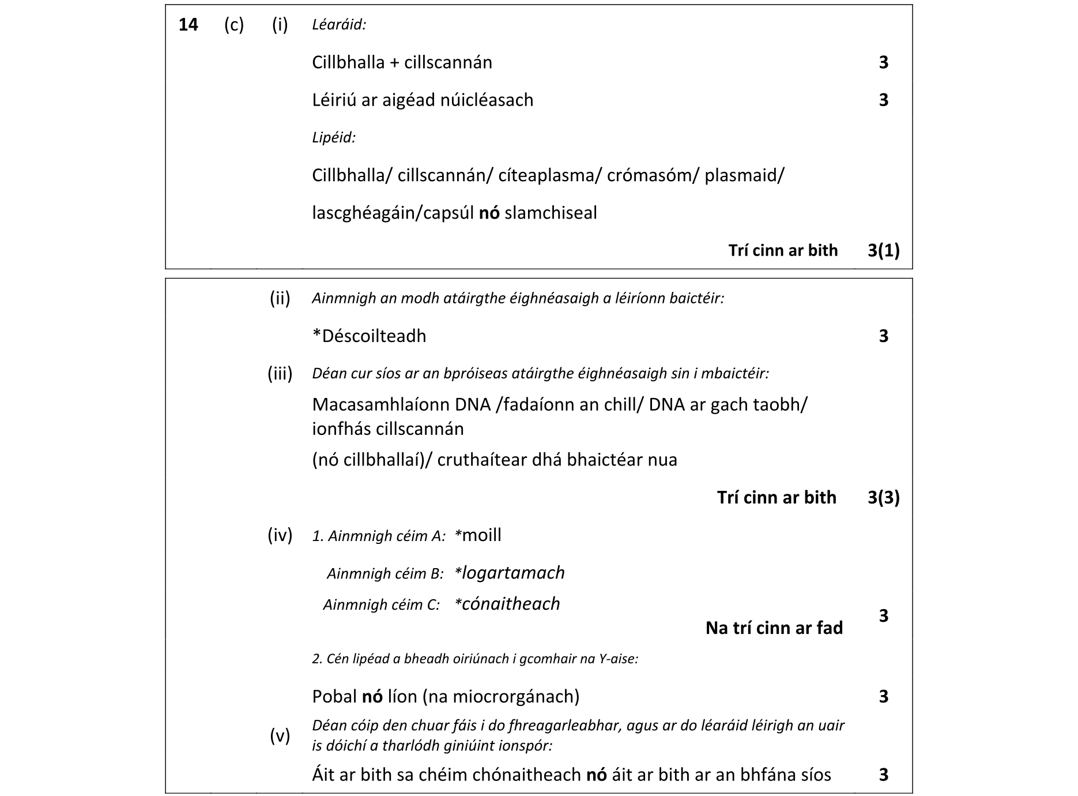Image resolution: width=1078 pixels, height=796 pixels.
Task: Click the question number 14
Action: click(189, 25)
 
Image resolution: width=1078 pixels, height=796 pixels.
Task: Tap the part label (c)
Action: click(233, 25)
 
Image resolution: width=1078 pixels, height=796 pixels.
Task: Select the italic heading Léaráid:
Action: click(339, 25)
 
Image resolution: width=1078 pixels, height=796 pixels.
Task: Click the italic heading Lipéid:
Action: click(334, 138)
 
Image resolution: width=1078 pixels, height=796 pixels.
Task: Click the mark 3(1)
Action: click(883, 250)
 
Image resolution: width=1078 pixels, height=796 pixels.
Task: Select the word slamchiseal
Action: click(551, 213)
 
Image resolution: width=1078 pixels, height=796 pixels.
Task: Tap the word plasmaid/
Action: click(744, 175)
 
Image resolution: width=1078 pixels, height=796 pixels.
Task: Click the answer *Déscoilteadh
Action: click(369, 336)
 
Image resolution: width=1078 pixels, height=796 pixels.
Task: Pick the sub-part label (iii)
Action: click(280, 374)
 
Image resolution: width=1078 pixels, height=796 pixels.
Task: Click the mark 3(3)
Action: click(883, 498)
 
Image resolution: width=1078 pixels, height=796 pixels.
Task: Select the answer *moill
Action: click(478, 535)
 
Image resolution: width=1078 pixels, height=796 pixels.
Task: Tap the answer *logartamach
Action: click(510, 573)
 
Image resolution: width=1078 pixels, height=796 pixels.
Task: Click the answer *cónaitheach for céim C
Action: click(507, 604)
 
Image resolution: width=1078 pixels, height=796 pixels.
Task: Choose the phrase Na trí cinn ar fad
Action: click(774, 628)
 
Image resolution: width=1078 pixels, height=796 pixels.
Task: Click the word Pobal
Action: click(334, 697)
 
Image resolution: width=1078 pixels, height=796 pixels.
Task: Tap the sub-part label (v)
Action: click(280, 736)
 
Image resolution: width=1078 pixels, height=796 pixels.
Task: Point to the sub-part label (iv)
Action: click(280, 535)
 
